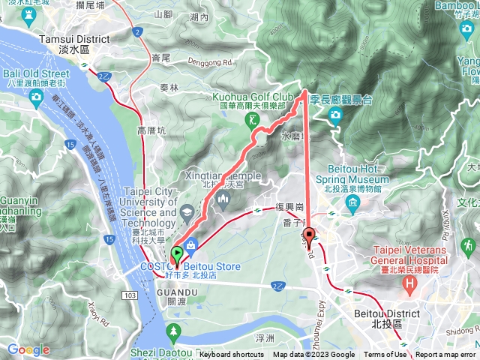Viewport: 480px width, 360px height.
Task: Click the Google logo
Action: point(28,349)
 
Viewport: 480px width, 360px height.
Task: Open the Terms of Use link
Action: point(385,355)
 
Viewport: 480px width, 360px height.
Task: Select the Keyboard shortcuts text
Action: point(232,355)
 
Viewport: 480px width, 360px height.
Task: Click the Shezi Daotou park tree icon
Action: point(174,330)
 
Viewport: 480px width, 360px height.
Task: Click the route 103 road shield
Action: point(131,277)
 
